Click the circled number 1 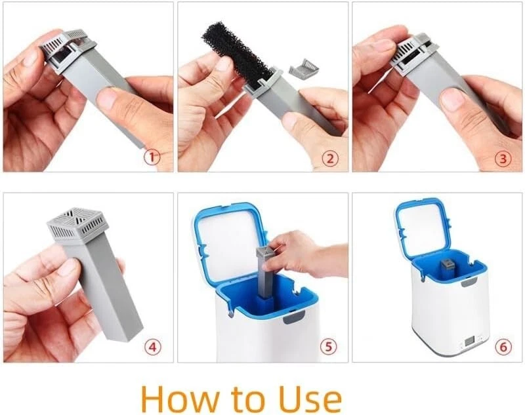pyautogui.click(x=152, y=157)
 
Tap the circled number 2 pyautogui.click(x=330, y=159)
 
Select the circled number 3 pyautogui.click(x=503, y=159)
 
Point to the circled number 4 pyautogui.click(x=152, y=347)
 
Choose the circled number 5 pyautogui.click(x=329, y=346)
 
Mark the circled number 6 pyautogui.click(x=503, y=347)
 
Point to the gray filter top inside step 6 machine pyautogui.click(x=446, y=267)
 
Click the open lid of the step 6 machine pyautogui.click(x=423, y=228)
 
